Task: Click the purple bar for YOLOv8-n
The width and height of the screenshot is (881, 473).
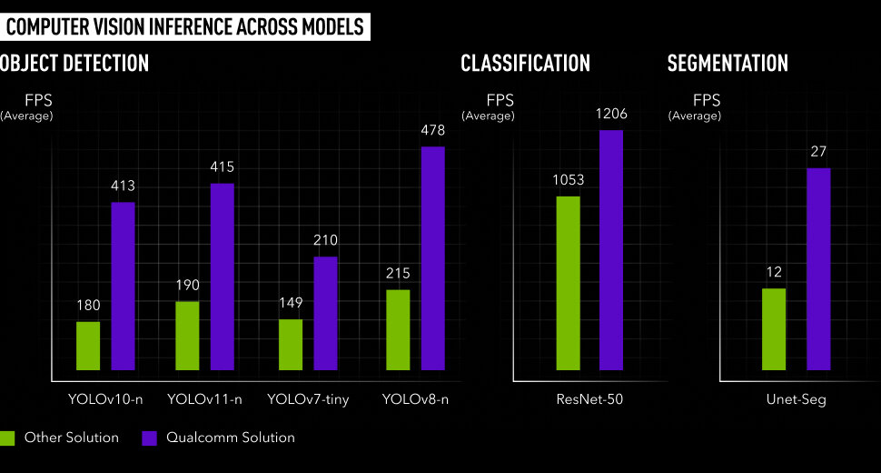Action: pyautogui.click(x=433, y=258)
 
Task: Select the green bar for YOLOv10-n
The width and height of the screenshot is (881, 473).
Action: pyautogui.click(x=88, y=346)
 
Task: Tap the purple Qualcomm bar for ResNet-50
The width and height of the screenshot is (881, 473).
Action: pyautogui.click(x=611, y=250)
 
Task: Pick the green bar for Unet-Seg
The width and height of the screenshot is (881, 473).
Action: pyautogui.click(x=774, y=329)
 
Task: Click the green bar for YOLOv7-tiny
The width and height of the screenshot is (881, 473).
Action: pyautogui.click(x=291, y=345)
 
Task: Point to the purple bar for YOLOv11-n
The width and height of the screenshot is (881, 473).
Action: pyautogui.click(x=223, y=277)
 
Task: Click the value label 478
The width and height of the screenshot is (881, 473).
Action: pyautogui.click(x=433, y=131)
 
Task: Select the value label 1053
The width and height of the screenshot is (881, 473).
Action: pyautogui.click(x=568, y=180)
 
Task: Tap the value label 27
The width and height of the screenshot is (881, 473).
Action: pyautogui.click(x=818, y=152)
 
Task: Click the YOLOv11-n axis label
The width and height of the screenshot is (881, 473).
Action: pyautogui.click(x=205, y=399)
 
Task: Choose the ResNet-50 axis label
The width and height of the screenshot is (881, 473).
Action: pyautogui.click(x=589, y=399)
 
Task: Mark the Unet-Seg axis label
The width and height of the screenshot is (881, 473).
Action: pyautogui.click(x=797, y=399)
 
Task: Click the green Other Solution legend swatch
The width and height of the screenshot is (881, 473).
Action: pyautogui.click(x=7, y=438)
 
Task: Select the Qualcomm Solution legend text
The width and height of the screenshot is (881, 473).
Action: pyautogui.click(x=231, y=438)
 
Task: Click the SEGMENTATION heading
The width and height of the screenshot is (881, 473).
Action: pyautogui.click(x=728, y=63)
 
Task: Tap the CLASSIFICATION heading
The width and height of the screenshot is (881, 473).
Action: pyautogui.click(x=525, y=63)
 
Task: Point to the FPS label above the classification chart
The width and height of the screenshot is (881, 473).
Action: pyautogui.click(x=500, y=100)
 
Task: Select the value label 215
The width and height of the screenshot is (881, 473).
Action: pyautogui.click(x=398, y=273)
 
